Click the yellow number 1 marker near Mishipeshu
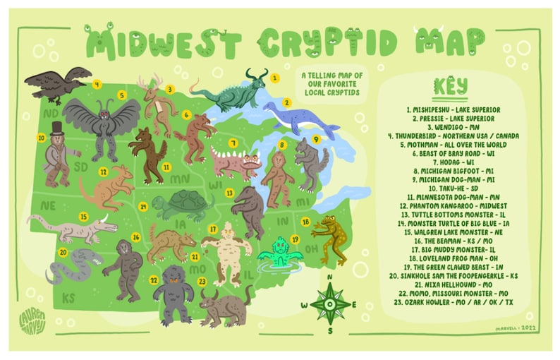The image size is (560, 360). tap(275, 78)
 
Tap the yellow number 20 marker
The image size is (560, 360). tap(63, 252)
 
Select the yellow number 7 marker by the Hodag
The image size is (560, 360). tap(232, 143)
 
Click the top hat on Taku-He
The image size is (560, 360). tap(56, 128)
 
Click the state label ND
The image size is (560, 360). tap(50, 112)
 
